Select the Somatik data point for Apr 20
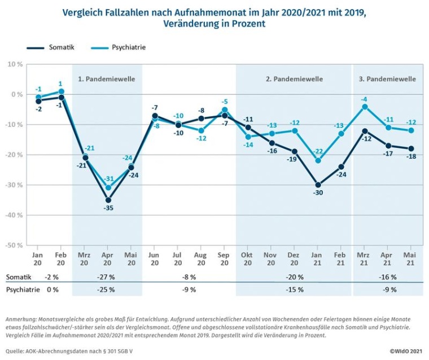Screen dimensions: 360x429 (x=108, y=200)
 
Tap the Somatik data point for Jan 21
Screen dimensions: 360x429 (x=318, y=185)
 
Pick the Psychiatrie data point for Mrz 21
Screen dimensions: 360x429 (x=365, y=107)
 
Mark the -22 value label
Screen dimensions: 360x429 (x=318, y=151)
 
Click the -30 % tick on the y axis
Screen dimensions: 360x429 (x=15, y=185)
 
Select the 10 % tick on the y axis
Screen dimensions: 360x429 (x=15, y=64)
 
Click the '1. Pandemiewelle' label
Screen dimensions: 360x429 (x=106, y=79)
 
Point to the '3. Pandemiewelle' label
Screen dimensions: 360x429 (x=387, y=79)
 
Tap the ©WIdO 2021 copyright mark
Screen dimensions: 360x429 (x=406, y=350)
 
